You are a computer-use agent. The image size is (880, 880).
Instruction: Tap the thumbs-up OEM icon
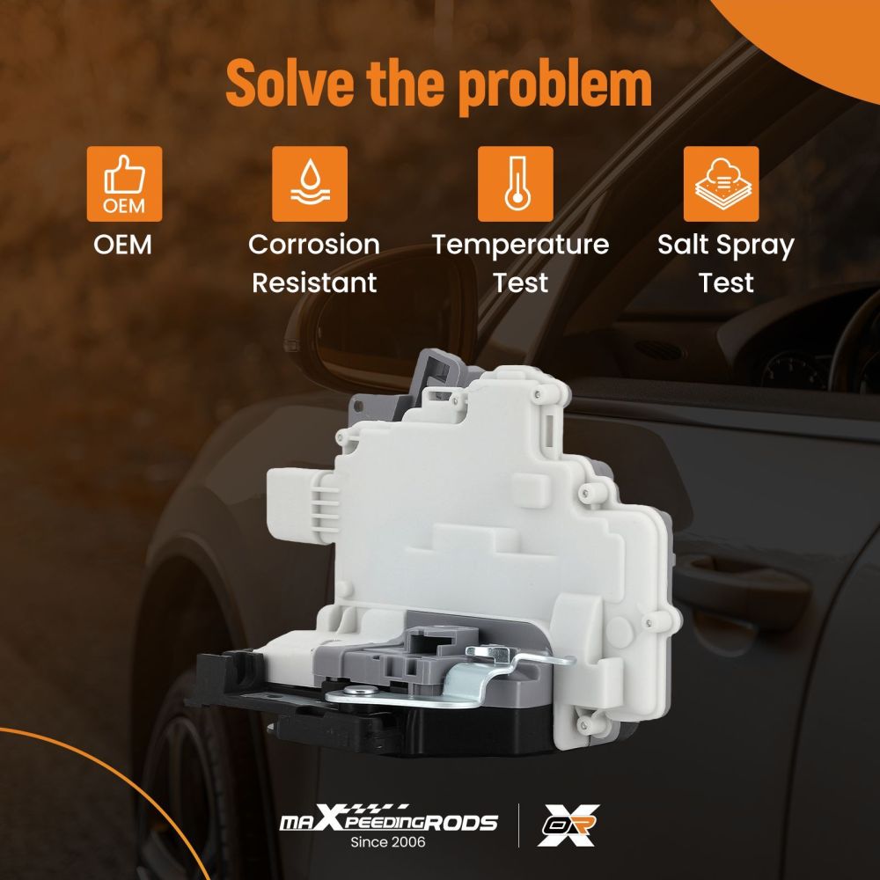click(125, 184)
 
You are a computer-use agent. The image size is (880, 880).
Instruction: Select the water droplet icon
click(310, 184)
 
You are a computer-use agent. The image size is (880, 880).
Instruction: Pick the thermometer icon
click(515, 184)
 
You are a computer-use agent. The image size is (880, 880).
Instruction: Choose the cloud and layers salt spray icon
click(722, 184)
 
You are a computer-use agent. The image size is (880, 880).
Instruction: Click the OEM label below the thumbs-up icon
click(123, 245)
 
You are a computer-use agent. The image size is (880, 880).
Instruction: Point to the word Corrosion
click(314, 245)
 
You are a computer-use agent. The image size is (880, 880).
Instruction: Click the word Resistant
click(314, 282)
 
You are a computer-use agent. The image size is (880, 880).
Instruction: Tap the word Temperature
click(520, 246)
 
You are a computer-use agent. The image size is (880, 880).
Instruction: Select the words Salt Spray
click(726, 246)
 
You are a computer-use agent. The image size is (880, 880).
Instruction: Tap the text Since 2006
click(388, 842)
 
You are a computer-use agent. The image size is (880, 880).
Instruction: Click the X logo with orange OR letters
click(568, 825)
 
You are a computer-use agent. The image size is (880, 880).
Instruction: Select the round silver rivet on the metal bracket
click(355, 691)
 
